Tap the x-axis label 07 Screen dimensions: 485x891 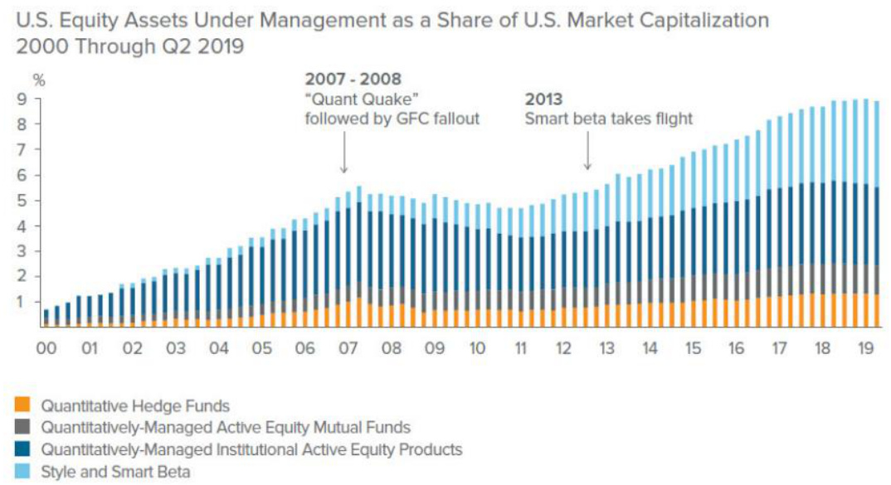click(x=348, y=350)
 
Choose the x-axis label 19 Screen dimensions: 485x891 click(x=864, y=350)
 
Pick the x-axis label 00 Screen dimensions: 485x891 click(x=46, y=350)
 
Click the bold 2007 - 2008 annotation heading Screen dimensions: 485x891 click(x=353, y=80)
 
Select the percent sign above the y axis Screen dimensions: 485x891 click(x=37, y=80)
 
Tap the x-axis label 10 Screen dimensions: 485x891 click(x=477, y=350)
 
